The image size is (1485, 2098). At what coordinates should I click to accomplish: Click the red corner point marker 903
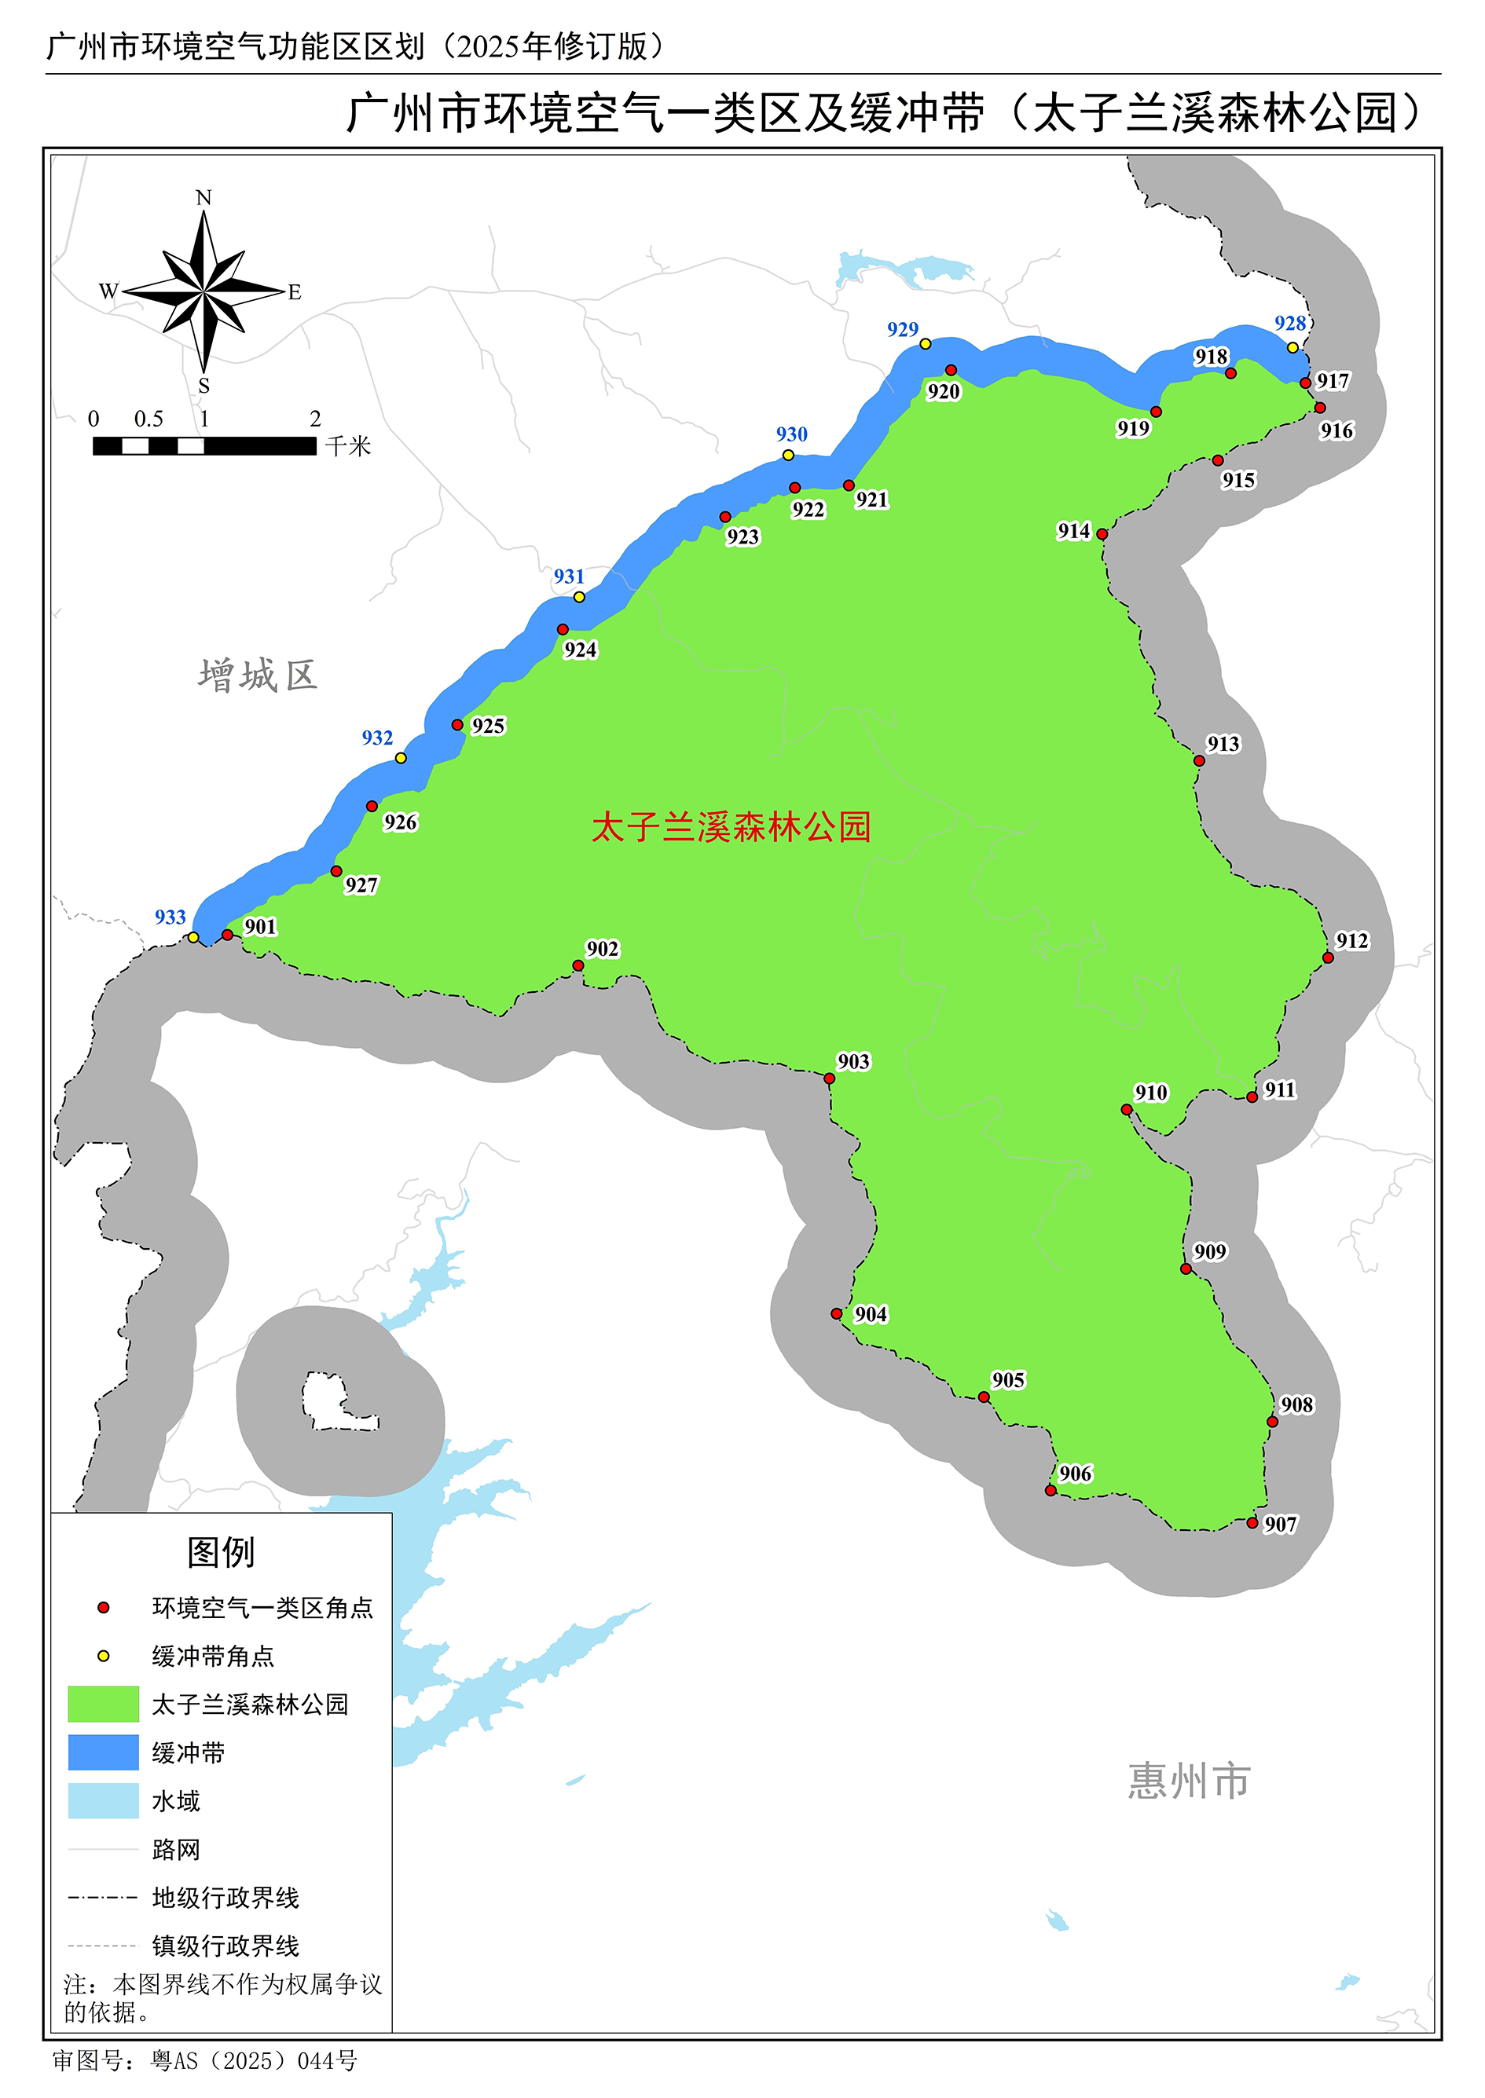click(830, 1078)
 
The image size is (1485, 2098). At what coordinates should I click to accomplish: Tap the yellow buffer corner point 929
click(926, 344)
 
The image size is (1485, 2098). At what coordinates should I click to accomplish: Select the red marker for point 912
click(1328, 958)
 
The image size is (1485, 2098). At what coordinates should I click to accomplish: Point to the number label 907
click(1280, 1524)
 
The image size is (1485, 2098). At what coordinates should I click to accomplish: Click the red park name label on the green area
click(731, 827)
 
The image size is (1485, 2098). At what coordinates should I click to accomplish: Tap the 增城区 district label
click(258, 676)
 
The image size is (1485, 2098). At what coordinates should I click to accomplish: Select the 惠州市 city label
click(1189, 1781)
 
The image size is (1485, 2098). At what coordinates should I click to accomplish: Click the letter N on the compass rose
click(204, 197)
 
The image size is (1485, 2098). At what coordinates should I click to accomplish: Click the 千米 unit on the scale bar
click(348, 446)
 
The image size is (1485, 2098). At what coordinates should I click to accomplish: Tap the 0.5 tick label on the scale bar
click(149, 419)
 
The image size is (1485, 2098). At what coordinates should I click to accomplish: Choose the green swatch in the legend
click(104, 1704)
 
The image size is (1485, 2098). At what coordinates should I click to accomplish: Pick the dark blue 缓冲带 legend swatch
click(104, 1752)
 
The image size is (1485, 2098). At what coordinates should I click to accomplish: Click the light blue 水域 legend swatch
click(104, 1801)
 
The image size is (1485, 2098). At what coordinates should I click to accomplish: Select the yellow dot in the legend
click(104, 1656)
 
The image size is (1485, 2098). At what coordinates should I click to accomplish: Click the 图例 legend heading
click(222, 1552)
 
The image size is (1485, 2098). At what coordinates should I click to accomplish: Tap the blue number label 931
click(569, 577)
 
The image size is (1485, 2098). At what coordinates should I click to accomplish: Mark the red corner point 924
click(563, 629)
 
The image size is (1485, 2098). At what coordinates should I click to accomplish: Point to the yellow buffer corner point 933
click(193, 937)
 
